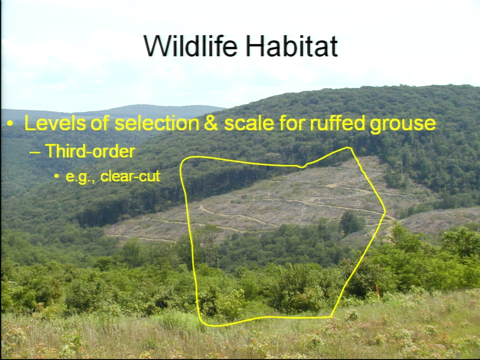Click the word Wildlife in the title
click(190, 46)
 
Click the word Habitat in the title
click(291, 46)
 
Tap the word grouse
click(402, 125)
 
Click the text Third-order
click(90, 151)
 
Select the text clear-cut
click(130, 176)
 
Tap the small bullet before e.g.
click(56, 176)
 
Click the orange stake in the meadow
click(378, 291)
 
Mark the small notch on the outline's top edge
click(302, 166)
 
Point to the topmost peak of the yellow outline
click(348, 148)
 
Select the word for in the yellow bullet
click(291, 123)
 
